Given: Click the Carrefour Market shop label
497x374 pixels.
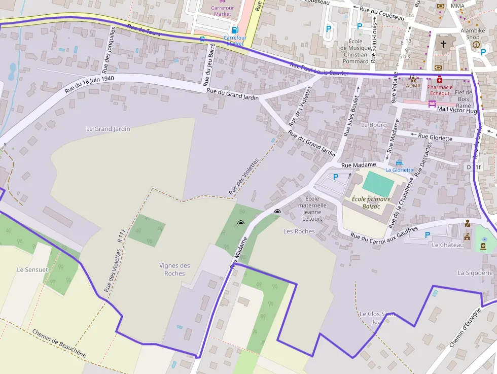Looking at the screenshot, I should tap(222, 11).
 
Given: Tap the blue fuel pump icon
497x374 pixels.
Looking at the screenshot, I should tap(235, 29).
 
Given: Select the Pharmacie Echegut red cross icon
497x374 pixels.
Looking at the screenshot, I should tap(439, 80).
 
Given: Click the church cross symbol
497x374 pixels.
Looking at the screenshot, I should tap(443, 44).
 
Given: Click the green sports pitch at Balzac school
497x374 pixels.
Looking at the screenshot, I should tap(378, 184).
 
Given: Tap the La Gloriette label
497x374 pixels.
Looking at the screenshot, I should tap(399, 170).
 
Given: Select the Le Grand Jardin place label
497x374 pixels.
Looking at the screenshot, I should tap(108, 129).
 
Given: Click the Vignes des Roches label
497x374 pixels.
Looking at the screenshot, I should tap(174, 269).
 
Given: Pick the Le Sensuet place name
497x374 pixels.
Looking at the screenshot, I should tap(32, 269).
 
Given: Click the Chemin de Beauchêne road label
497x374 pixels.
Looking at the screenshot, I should tap(58, 344).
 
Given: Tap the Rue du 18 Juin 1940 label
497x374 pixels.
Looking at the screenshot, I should tap(89, 85).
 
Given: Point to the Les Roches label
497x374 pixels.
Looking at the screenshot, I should tap(299, 231).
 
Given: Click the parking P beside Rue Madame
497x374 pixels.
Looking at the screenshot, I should tap(335, 177).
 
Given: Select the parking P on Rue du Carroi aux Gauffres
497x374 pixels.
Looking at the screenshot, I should tap(427, 234).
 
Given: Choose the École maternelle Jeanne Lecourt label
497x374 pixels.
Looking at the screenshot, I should tap(312, 209).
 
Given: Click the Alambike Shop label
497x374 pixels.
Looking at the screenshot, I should tap(473, 34).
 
